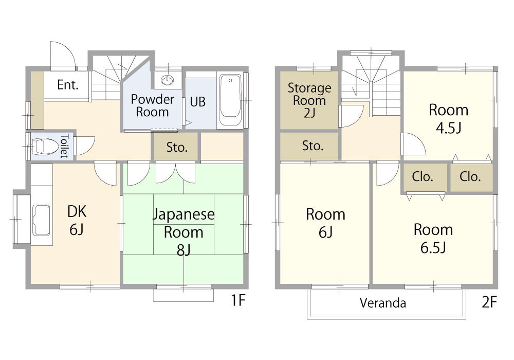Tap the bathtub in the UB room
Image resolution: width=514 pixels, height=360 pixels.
230,100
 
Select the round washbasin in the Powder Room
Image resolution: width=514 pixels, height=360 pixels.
168,80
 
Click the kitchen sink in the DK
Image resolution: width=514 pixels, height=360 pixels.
41,220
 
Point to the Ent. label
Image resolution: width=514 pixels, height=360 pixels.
68,85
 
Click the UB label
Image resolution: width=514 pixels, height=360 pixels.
198,102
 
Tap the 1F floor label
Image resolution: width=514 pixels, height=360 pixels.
238,300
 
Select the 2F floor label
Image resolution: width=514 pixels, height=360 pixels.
489,302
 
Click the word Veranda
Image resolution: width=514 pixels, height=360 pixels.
383,303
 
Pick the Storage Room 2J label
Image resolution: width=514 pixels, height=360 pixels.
309,100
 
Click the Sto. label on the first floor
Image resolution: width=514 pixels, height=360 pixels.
177,147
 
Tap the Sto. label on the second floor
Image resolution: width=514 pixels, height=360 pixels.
313,146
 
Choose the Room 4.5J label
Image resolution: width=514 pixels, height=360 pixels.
448,119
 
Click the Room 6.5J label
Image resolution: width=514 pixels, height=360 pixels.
433,238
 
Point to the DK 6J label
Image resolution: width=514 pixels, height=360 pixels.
77,220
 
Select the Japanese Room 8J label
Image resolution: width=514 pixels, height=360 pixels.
183,232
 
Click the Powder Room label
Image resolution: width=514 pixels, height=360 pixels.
153,105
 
